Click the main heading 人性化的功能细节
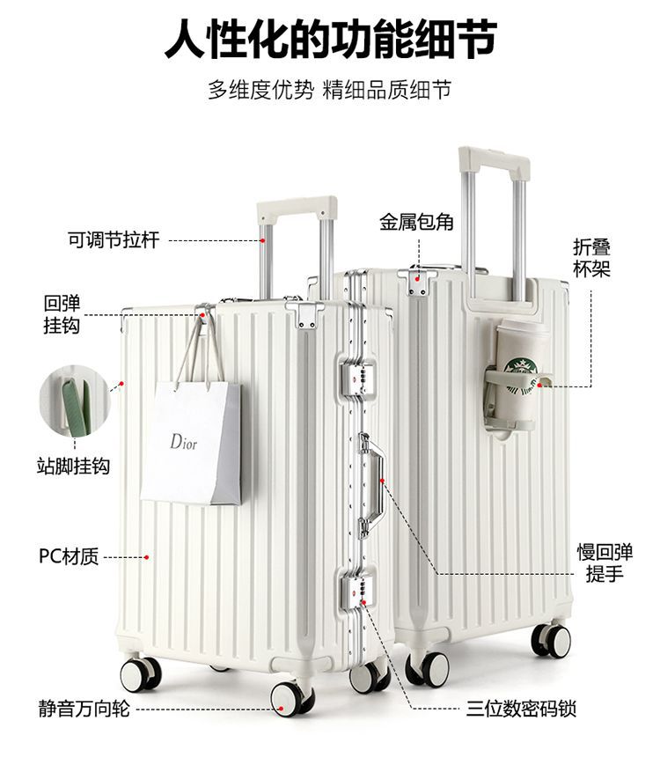pyautogui.click(x=330, y=40)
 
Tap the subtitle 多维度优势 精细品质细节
pyautogui.click(x=330, y=90)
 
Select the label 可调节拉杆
pyautogui.click(x=114, y=239)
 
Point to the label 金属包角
pyautogui.click(x=416, y=222)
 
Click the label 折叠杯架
pyautogui.click(x=591, y=258)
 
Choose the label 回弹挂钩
pyautogui.click(x=62, y=314)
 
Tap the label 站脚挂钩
pyautogui.click(x=73, y=466)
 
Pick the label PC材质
pyautogui.click(x=69, y=556)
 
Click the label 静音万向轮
pyautogui.click(x=84, y=708)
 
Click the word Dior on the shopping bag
pyautogui.click(x=184, y=440)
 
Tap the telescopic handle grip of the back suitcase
pyautogui.click(x=494, y=164)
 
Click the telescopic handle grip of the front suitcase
pyautogui.click(x=297, y=210)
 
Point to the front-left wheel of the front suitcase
pyautogui.click(x=140, y=674)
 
